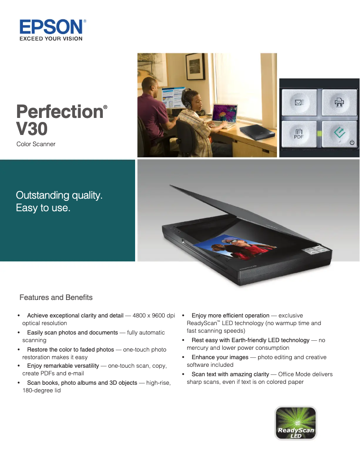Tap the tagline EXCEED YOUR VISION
(51, 39)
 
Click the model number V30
(31, 129)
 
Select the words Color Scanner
(36, 144)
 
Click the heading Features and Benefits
(56, 298)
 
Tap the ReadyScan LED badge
(295, 423)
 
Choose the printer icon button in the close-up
(339, 103)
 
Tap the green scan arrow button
(339, 132)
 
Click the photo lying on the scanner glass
(236, 249)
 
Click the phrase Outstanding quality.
(59, 196)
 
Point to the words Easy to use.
(43, 208)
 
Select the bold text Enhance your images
(220, 357)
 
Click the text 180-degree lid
(42, 391)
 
